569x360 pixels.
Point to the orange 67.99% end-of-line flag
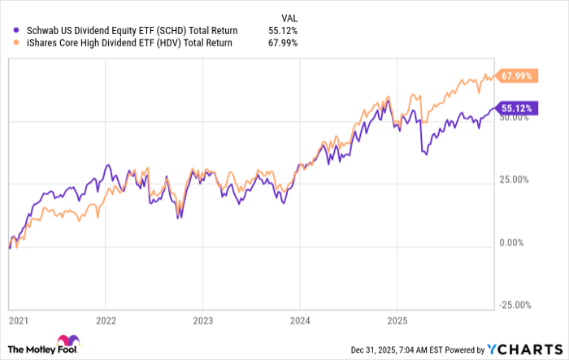pos(517,76)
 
